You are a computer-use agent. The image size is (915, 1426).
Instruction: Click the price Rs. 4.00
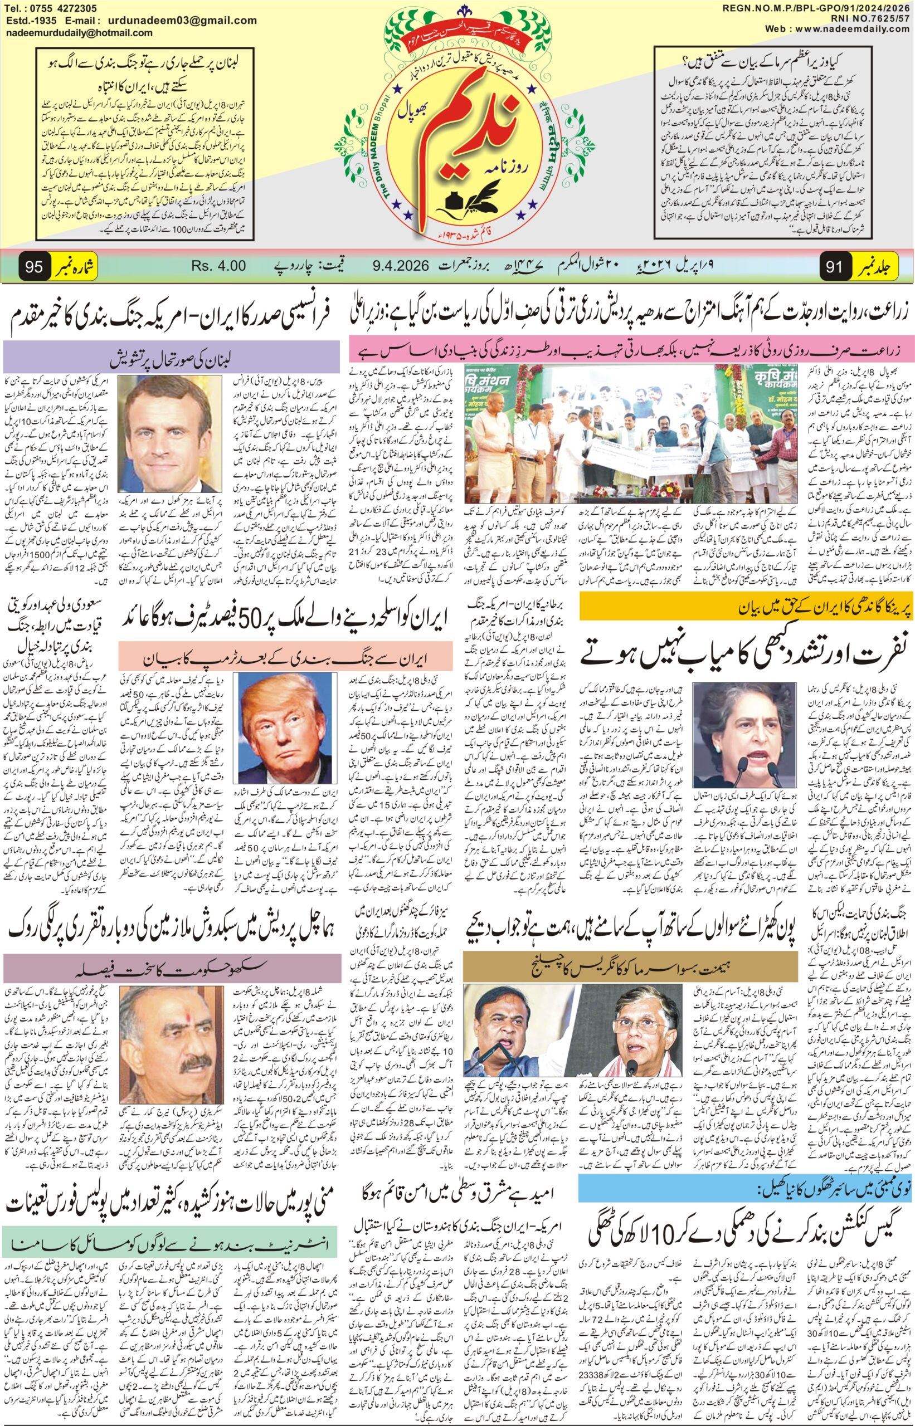click(x=218, y=266)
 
